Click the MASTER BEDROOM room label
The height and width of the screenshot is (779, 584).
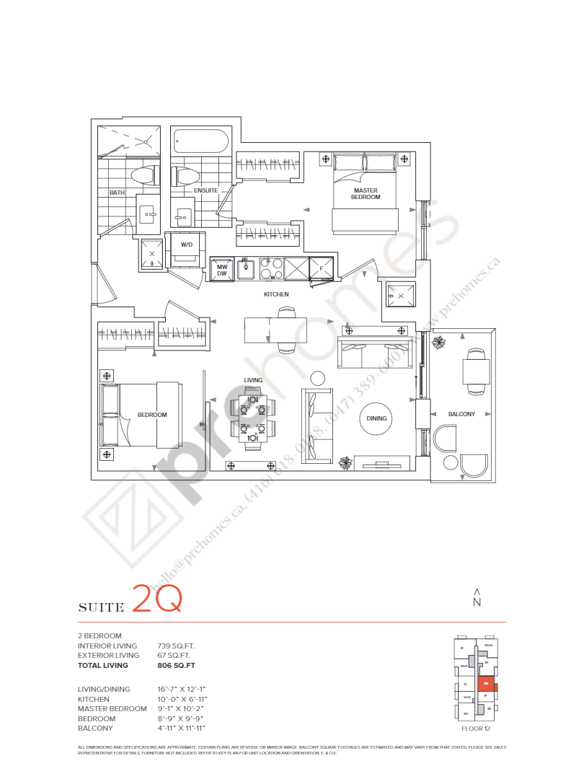(366, 194)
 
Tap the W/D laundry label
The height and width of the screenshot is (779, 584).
(187, 245)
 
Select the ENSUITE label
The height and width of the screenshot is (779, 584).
(205, 190)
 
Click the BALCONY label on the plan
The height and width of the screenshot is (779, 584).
(461, 414)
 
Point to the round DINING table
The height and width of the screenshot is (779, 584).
(376, 418)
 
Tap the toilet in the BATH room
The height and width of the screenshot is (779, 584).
(143, 175)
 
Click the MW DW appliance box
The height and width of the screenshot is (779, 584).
(222, 270)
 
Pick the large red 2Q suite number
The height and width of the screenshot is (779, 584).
(156, 599)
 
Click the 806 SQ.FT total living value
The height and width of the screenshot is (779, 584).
(176, 666)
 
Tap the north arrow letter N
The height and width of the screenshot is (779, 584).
(477, 602)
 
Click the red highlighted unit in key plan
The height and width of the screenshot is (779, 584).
(487, 683)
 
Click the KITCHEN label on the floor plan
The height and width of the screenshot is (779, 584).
(276, 294)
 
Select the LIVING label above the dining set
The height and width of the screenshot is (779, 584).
(253, 380)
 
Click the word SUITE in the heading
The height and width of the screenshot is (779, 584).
(101, 608)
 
